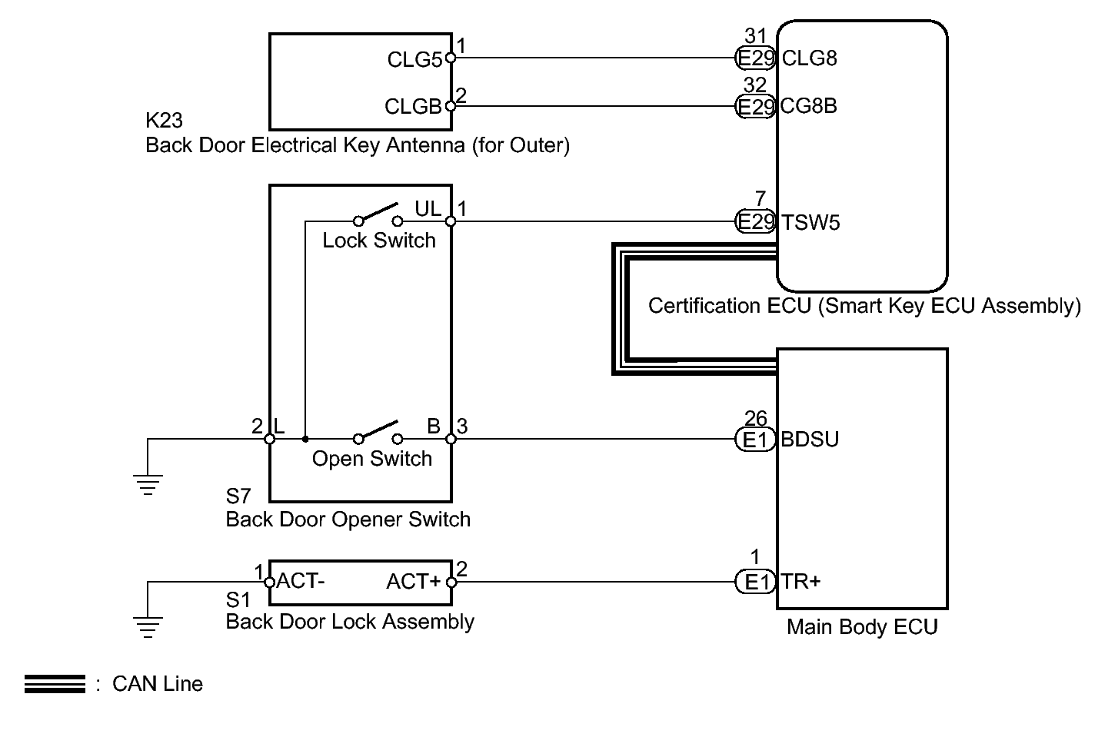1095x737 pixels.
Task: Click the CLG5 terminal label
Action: pyautogui.click(x=414, y=59)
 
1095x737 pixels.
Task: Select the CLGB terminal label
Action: pyautogui.click(x=413, y=107)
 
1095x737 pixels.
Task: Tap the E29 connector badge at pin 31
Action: pyautogui.click(x=755, y=58)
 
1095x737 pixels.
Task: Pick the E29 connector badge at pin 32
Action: pyautogui.click(x=755, y=107)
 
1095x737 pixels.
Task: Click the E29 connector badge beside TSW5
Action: pyautogui.click(x=755, y=222)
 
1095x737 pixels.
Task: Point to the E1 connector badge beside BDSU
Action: pyautogui.click(x=756, y=440)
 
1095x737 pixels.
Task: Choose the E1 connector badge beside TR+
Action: pyautogui.click(x=756, y=582)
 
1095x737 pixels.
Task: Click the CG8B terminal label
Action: pyautogui.click(x=808, y=106)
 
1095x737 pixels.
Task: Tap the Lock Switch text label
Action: pyautogui.click(x=378, y=241)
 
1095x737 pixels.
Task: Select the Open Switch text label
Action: pyautogui.click(x=371, y=459)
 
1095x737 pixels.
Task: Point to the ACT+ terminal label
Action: pyautogui.click(x=414, y=582)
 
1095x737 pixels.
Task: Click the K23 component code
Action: pyautogui.click(x=164, y=121)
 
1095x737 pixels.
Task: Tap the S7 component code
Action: pyautogui.click(x=238, y=496)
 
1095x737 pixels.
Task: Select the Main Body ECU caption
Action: pyautogui.click(x=862, y=627)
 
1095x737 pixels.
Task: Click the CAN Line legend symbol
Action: pyautogui.click(x=55, y=684)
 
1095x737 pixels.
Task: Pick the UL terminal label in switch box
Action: pyautogui.click(x=428, y=209)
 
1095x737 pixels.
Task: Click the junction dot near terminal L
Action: pyautogui.click(x=305, y=440)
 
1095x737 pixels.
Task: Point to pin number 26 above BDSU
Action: pyautogui.click(x=756, y=418)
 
